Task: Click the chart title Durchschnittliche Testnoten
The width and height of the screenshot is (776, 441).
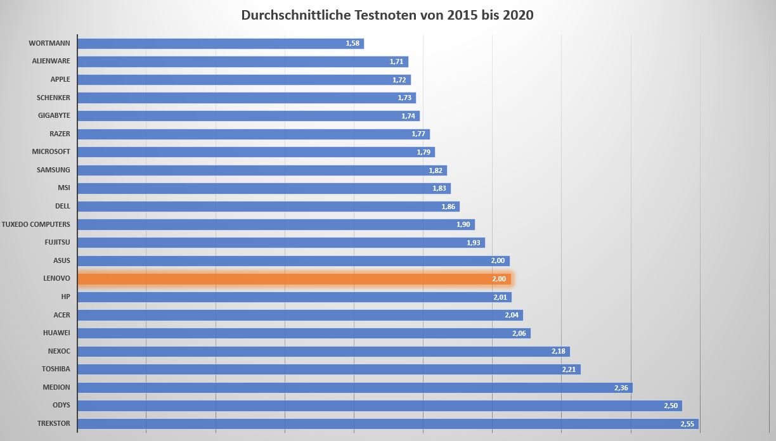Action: (387, 15)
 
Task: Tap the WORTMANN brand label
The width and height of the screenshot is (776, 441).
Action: (49, 43)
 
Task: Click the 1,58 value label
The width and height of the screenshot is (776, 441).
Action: (352, 43)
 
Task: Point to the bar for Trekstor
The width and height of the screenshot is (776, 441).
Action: (387, 423)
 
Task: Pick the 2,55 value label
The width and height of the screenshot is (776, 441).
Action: (687, 423)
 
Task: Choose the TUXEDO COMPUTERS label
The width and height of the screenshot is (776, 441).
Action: (36, 224)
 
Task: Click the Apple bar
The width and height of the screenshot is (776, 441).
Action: (243, 80)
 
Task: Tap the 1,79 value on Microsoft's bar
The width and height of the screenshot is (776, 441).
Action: (424, 152)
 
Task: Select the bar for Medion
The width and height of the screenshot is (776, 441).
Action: (354, 387)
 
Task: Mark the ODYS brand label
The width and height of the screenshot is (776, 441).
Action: (61, 405)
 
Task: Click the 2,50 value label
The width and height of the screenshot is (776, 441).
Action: (671, 406)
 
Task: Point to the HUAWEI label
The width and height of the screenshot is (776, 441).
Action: (56, 333)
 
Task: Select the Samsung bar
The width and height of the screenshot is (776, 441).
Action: (262, 170)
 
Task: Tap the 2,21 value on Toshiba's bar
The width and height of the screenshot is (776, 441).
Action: (569, 369)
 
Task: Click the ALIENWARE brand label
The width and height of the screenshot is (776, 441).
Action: (51, 61)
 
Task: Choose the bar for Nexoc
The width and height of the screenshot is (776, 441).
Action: (323, 351)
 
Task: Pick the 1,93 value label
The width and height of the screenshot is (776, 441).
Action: (474, 243)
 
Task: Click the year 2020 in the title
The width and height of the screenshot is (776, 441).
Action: (517, 15)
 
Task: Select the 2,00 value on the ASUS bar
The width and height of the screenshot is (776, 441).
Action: (498, 261)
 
